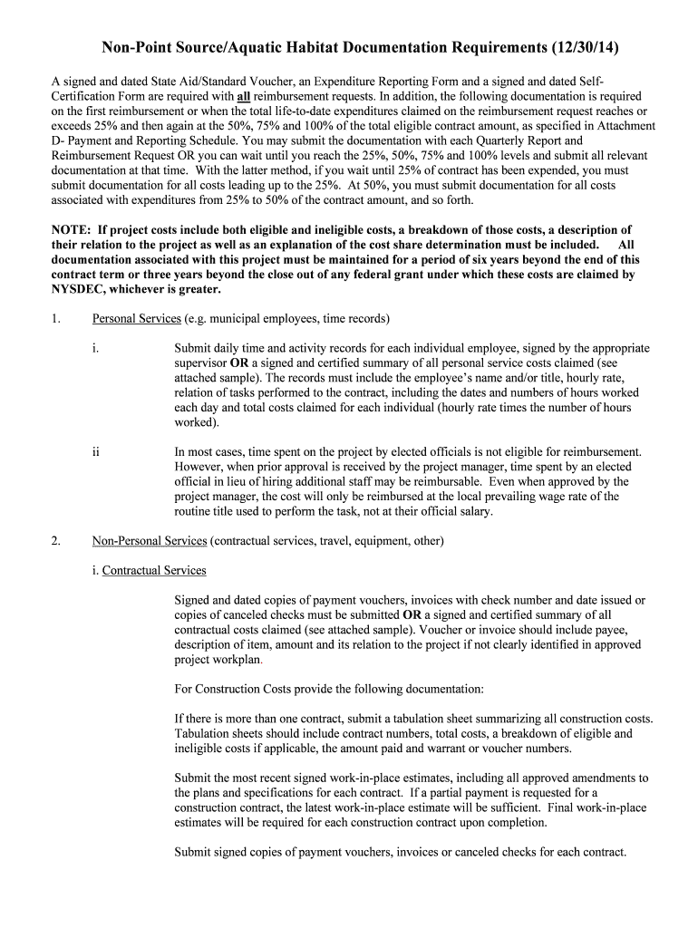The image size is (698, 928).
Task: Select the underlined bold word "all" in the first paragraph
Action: coord(243,95)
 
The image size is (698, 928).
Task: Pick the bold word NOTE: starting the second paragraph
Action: coord(72,229)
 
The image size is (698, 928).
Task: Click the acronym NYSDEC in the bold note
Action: coord(82,289)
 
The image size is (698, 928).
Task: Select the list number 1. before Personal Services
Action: coord(55,318)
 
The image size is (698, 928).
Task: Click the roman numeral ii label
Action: coord(95,451)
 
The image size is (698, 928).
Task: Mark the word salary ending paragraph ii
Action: coord(475,511)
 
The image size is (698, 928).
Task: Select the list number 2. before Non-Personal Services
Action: coord(55,541)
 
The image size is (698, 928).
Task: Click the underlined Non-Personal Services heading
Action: coord(150,541)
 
